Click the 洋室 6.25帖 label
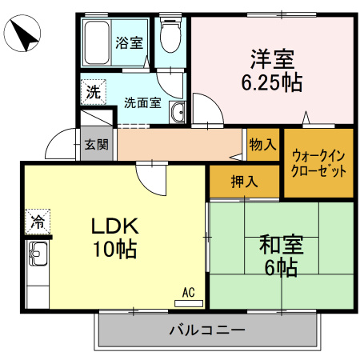pyautogui.click(x=272, y=70)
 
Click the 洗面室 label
pyautogui.click(x=142, y=102)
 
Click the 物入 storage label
pyautogui.click(x=262, y=145)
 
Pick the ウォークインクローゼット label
pyautogui.click(x=319, y=162)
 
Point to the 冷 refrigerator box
pyautogui.click(x=38, y=218)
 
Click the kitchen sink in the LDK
pyautogui.click(x=38, y=258)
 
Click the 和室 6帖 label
pyautogui.click(x=279, y=255)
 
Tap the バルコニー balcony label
pyautogui.click(x=207, y=330)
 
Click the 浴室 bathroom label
pyautogui.click(x=130, y=42)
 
